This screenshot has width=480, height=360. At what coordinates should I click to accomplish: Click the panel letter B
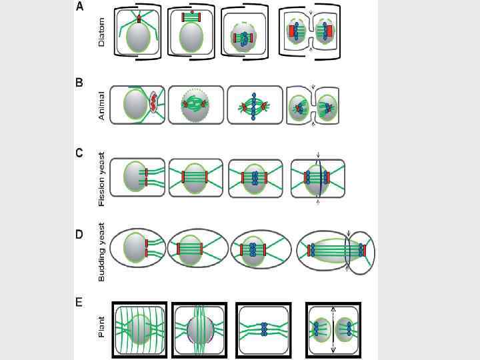pyautogui.click(x=80, y=83)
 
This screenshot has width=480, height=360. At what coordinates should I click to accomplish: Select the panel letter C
pyautogui.click(x=80, y=153)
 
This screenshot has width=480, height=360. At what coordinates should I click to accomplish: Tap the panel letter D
pyautogui.click(x=80, y=234)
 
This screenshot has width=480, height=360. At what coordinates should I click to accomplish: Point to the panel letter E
pyautogui.click(x=80, y=303)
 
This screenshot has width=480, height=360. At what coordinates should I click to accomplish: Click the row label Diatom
pyautogui.click(x=101, y=33)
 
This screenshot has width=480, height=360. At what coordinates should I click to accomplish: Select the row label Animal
pyautogui.click(x=101, y=106)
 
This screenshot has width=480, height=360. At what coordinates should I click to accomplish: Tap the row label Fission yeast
pyautogui.click(x=101, y=177)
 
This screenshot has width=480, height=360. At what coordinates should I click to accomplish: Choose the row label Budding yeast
pyautogui.click(x=101, y=251)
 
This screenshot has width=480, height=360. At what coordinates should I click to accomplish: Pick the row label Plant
pyautogui.click(x=101, y=327)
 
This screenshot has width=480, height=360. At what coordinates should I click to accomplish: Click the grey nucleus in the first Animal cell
pyautogui.click(x=135, y=105)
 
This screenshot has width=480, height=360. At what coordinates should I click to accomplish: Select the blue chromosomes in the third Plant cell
pyautogui.click(x=264, y=329)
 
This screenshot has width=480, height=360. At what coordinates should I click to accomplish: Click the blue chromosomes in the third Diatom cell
pyautogui.click(x=244, y=38)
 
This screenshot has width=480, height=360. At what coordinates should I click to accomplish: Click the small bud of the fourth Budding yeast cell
pyautogui.click(x=363, y=251)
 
